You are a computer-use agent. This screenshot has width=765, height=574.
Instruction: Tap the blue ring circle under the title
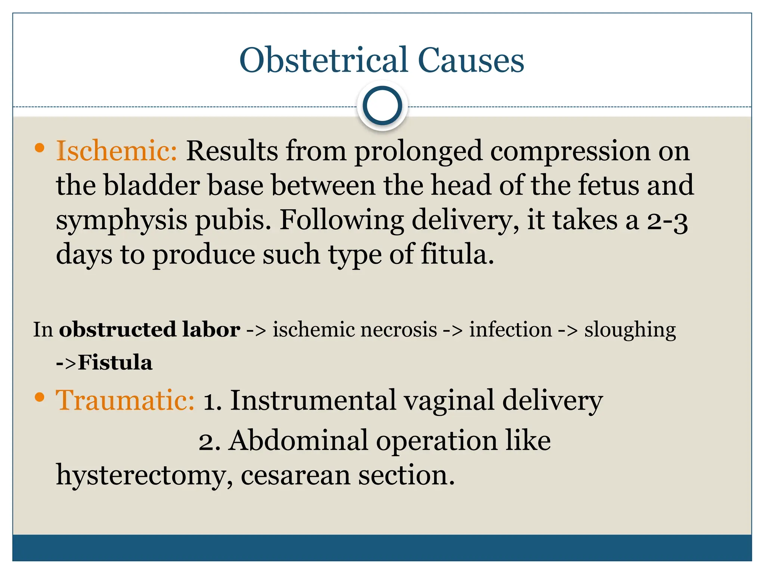click(x=382, y=106)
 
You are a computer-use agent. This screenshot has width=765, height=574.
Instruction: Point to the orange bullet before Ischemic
click(x=39, y=148)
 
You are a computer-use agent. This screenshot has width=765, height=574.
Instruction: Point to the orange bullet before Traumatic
click(x=39, y=397)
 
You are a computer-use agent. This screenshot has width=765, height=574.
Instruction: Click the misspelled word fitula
click(x=457, y=254)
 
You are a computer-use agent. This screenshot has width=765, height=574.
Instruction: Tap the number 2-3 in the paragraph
click(x=667, y=221)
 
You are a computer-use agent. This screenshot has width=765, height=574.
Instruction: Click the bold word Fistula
click(x=115, y=362)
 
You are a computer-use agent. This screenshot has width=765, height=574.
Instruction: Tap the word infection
click(x=510, y=330)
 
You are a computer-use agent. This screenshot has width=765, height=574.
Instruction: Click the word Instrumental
click(x=313, y=400)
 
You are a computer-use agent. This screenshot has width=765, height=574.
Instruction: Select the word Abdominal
click(x=299, y=441)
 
